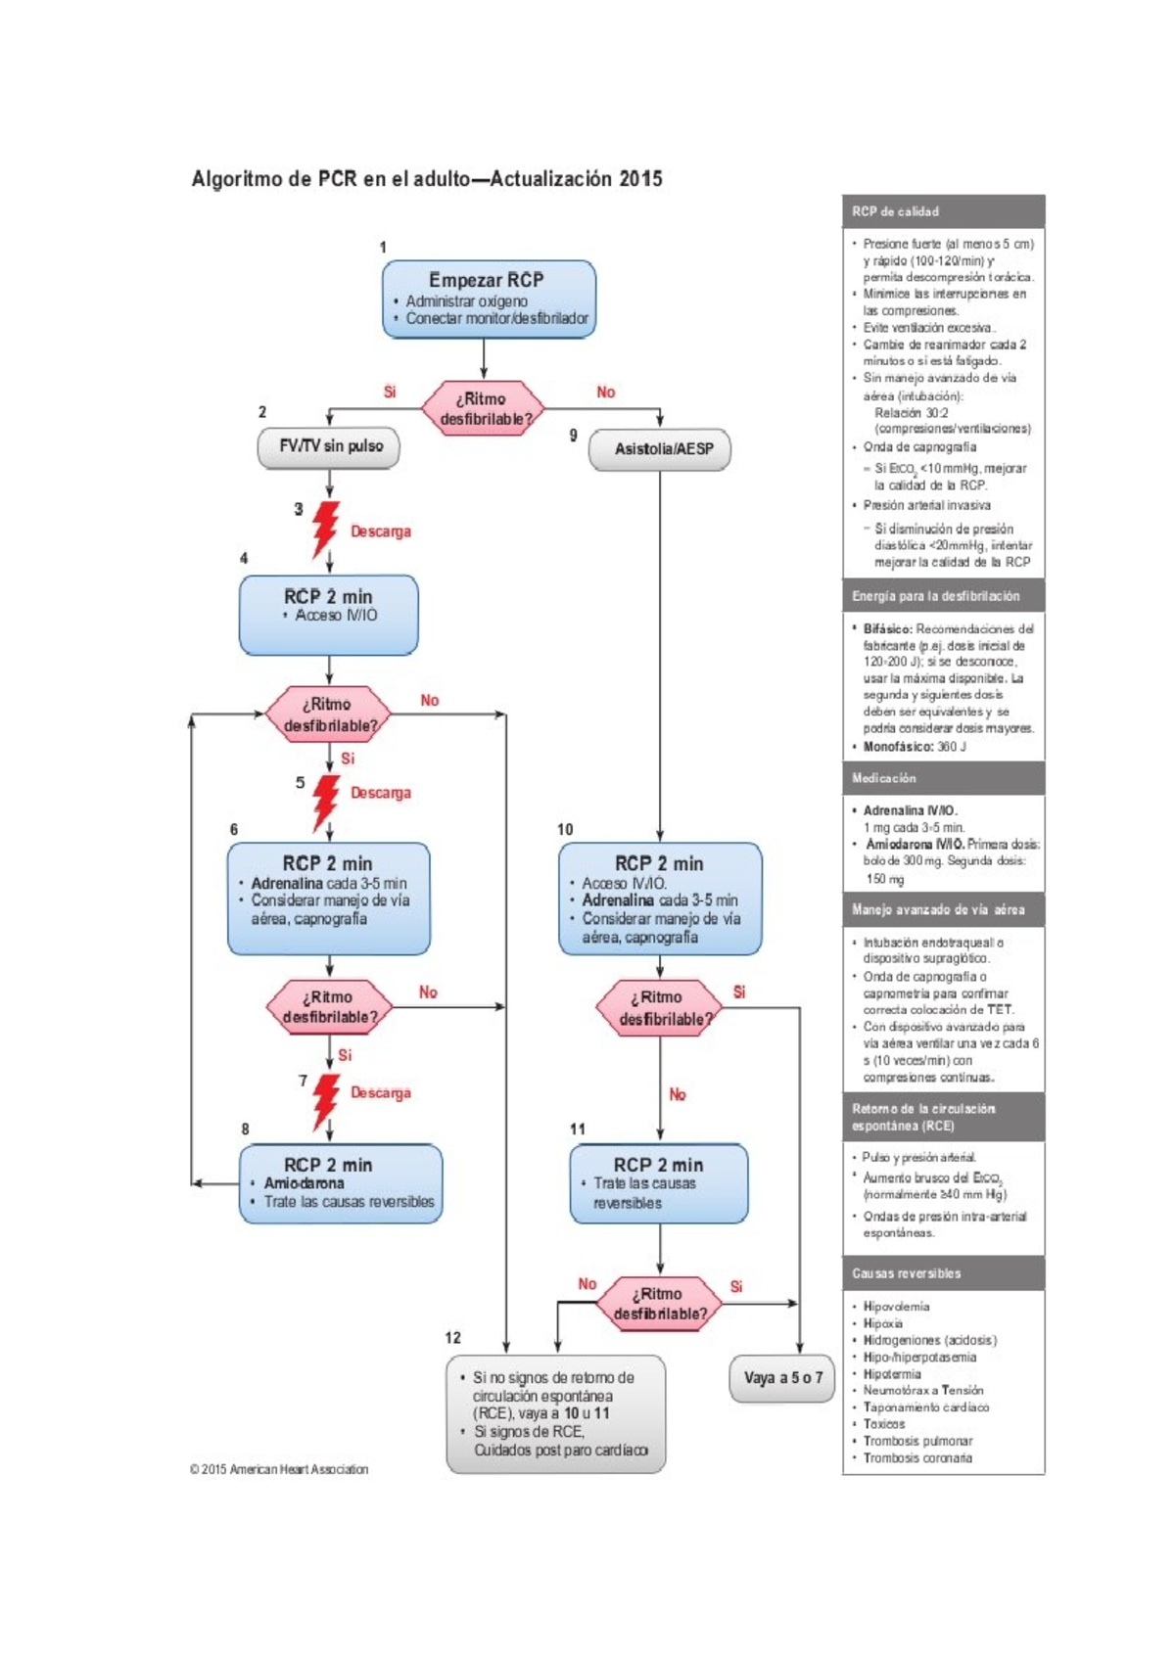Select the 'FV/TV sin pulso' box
click(x=329, y=446)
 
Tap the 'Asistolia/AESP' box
click(x=660, y=449)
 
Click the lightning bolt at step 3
click(x=325, y=530)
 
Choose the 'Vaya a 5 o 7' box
click(x=782, y=1378)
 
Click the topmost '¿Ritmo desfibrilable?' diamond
click(x=483, y=408)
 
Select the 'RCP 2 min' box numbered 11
click(x=659, y=1183)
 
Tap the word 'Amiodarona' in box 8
click(x=304, y=1183)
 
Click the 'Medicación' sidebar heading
click(x=884, y=778)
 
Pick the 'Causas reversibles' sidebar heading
click(x=906, y=1273)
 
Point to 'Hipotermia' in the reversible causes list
click(x=892, y=1374)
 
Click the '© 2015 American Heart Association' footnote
click(x=279, y=1469)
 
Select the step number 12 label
click(x=452, y=1338)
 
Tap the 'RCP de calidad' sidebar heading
click(x=895, y=211)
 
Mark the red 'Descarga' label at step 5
click(x=381, y=793)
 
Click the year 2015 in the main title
click(x=640, y=179)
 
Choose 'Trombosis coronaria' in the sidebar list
click(x=917, y=1458)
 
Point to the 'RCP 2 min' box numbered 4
click(x=329, y=615)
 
